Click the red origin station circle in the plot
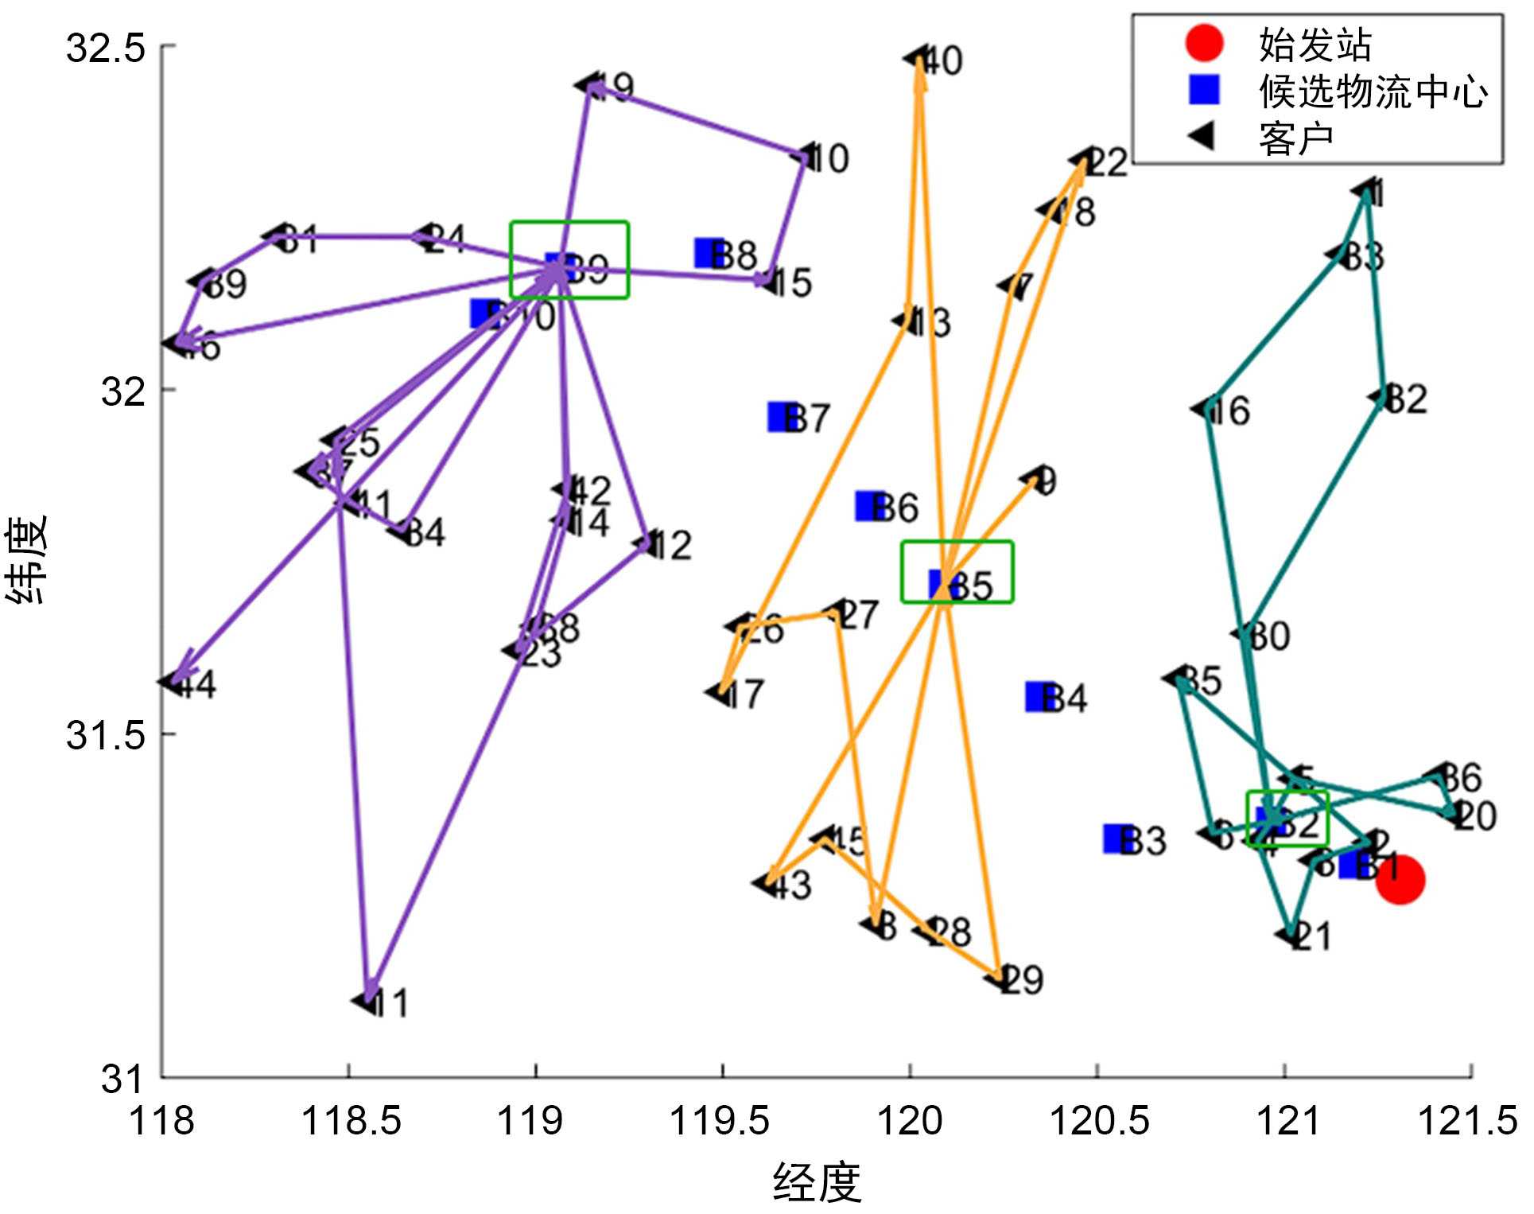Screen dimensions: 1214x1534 1400,880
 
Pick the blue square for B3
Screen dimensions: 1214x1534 1117,839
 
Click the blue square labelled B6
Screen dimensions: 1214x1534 869,506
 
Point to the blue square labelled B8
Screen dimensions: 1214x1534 709,253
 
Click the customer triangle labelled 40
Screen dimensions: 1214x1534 915,58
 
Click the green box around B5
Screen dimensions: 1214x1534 957,571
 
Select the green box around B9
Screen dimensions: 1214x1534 569,259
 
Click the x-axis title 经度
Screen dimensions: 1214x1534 817,1182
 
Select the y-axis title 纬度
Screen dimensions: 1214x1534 27,559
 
